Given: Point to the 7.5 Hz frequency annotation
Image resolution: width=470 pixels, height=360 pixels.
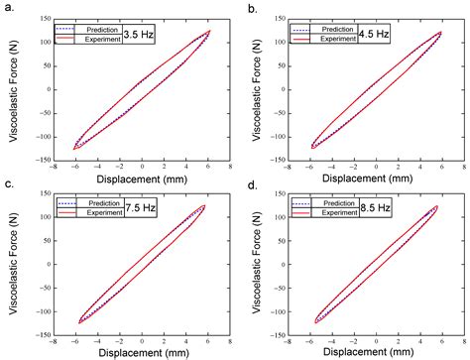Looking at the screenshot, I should [138, 209].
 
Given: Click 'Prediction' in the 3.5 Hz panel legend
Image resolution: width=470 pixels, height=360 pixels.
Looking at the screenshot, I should [102, 28].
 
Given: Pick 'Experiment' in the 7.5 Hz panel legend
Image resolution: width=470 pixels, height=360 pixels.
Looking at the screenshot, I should [102, 214].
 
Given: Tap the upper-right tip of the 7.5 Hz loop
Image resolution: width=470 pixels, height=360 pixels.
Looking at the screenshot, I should [204, 205].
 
